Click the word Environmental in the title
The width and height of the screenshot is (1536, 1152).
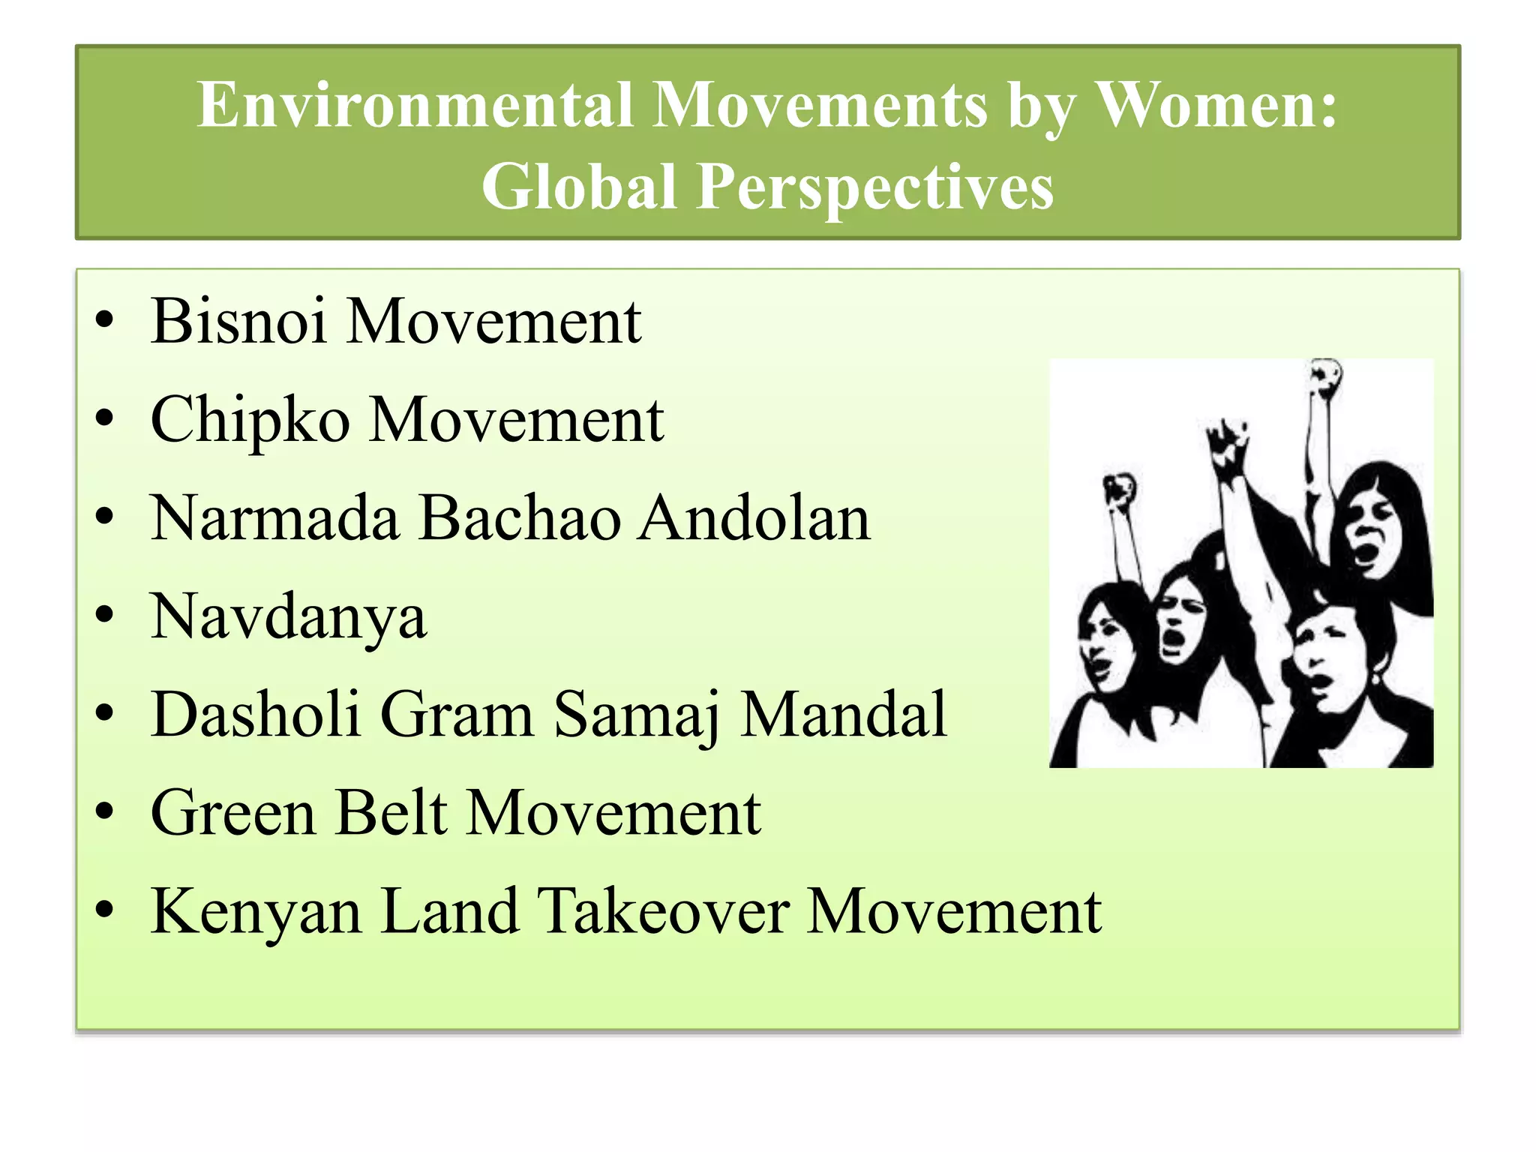pyautogui.click(x=415, y=105)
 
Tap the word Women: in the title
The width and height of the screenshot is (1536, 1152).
pyautogui.click(x=1216, y=105)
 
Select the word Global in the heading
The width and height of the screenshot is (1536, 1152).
pyautogui.click(x=579, y=187)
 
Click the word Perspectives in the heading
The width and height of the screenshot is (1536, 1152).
pyautogui.click(x=874, y=187)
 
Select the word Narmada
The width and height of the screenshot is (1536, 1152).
pyautogui.click(x=274, y=518)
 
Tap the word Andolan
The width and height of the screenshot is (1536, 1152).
pyautogui.click(x=754, y=518)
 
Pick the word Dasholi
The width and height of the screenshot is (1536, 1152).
pyautogui.click(x=256, y=715)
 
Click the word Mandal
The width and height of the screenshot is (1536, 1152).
pyautogui.click(x=844, y=715)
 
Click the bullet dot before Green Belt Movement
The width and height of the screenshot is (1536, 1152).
pyautogui.click(x=104, y=811)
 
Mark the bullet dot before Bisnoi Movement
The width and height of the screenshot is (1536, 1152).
pyautogui.click(x=104, y=320)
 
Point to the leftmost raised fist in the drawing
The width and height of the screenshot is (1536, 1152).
pyautogui.click(x=1119, y=490)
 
